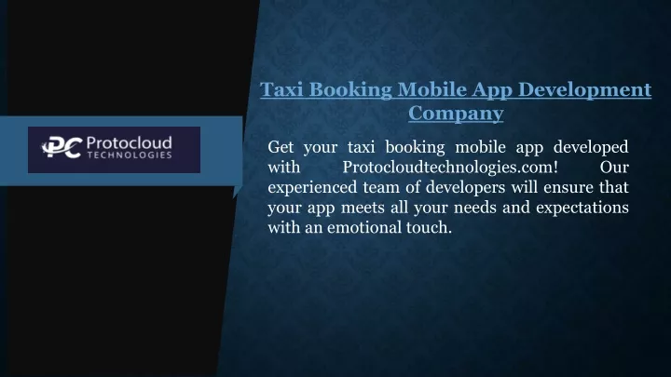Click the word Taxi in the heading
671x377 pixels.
(x=281, y=89)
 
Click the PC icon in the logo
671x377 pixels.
(x=62, y=147)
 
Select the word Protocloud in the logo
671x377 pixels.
(x=130, y=142)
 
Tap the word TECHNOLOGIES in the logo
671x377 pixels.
(x=130, y=155)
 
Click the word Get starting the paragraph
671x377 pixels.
(x=281, y=147)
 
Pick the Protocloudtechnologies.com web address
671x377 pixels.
(x=450, y=168)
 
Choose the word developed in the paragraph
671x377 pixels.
(x=591, y=148)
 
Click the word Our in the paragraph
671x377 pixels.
(x=614, y=168)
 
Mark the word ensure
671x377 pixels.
(x=568, y=188)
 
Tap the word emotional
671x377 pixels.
(x=363, y=228)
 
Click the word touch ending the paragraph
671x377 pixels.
(x=429, y=228)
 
